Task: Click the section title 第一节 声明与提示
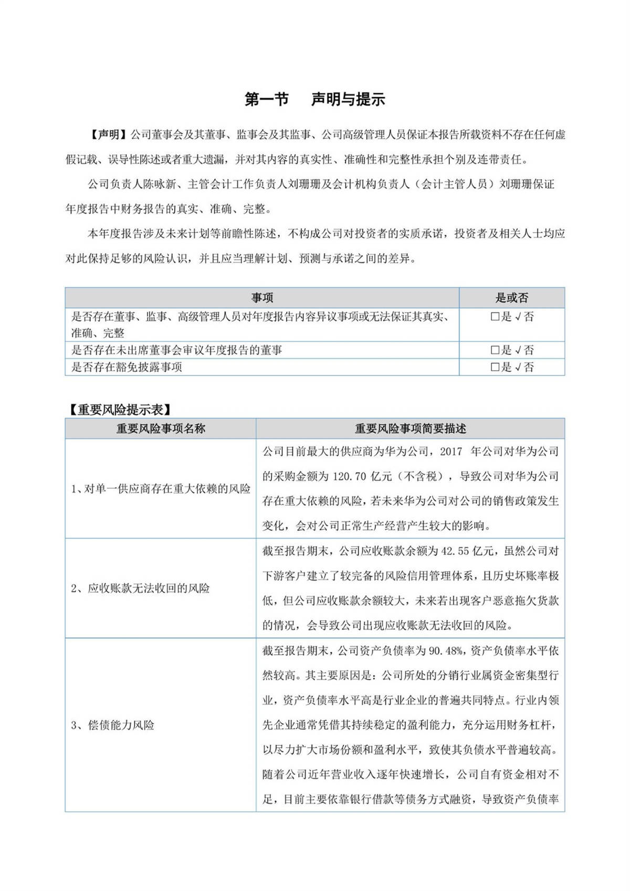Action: pyautogui.click(x=315, y=99)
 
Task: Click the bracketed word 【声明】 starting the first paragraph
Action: pyautogui.click(x=108, y=135)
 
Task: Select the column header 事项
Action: pyautogui.click(x=262, y=298)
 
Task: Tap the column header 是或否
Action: pyautogui.click(x=512, y=298)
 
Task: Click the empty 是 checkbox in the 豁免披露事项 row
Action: pyautogui.click(x=495, y=368)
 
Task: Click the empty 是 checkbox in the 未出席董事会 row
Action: pyautogui.click(x=495, y=350)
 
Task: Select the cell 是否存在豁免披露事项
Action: pyautogui.click(x=127, y=367)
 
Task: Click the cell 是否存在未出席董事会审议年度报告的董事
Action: pyautogui.click(x=176, y=350)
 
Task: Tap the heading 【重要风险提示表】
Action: pyautogui.click(x=120, y=410)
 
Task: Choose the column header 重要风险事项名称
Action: pyautogui.click(x=161, y=428)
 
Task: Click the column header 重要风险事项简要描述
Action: pyautogui.click(x=410, y=428)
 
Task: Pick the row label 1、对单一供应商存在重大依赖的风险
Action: pyautogui.click(x=161, y=489)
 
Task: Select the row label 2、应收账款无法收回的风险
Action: pyautogui.click(x=140, y=588)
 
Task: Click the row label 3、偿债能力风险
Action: pyautogui.click(x=113, y=725)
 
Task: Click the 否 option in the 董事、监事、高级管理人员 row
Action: pyautogui.click(x=525, y=317)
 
